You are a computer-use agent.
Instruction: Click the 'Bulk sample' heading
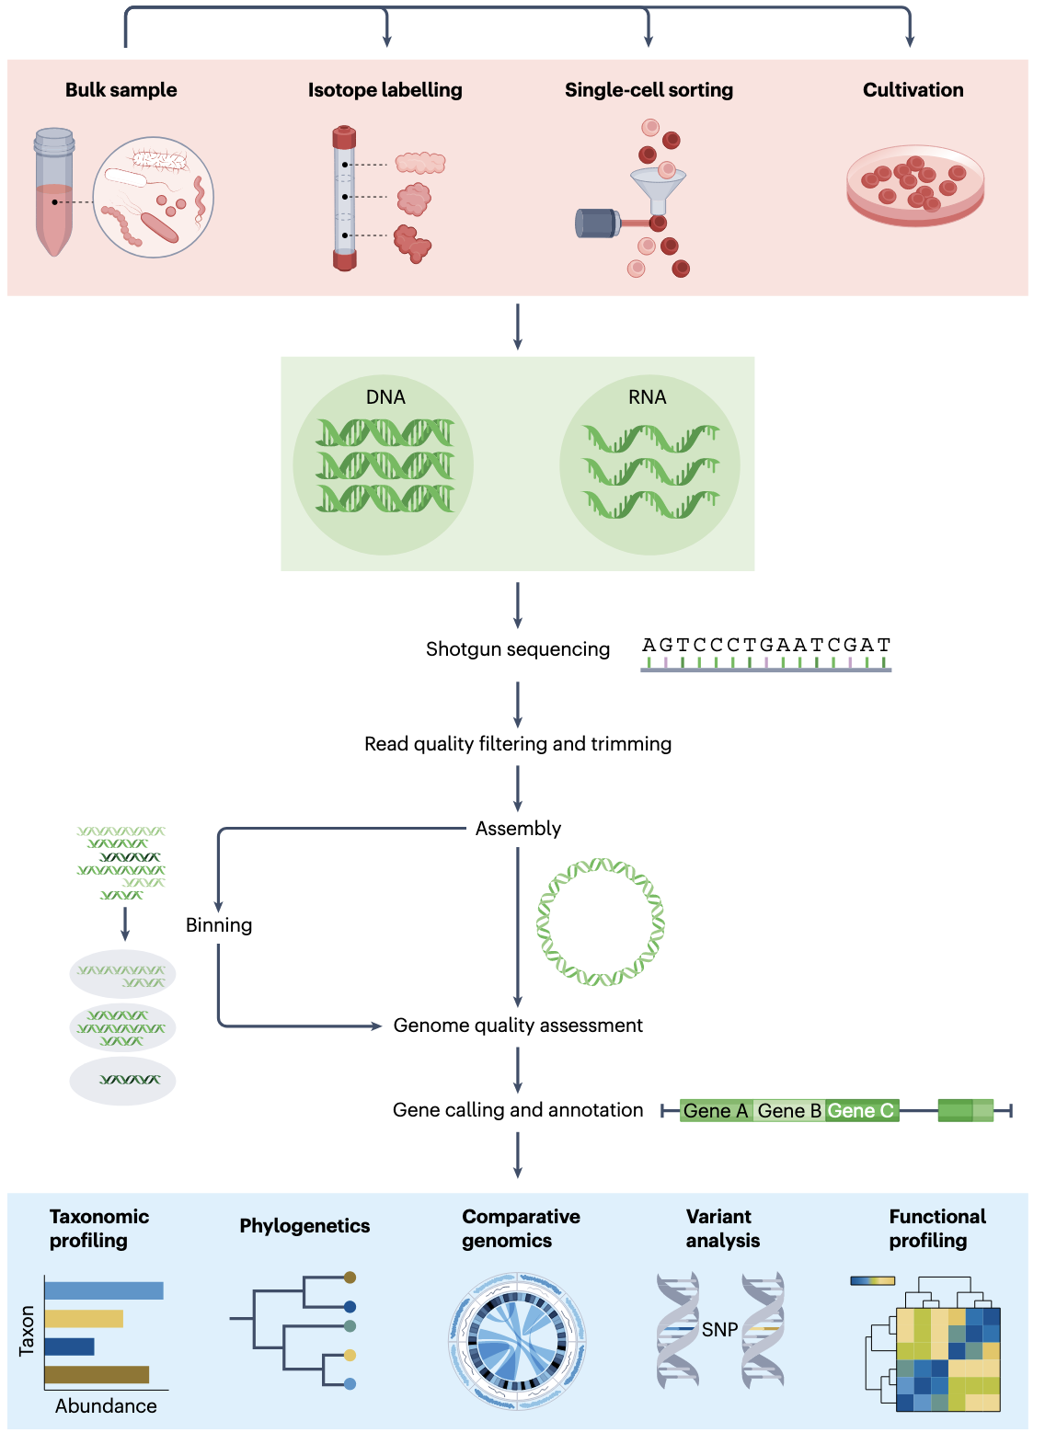tap(121, 90)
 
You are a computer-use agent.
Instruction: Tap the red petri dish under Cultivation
tap(915, 188)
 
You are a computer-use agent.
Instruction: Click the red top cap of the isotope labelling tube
tap(344, 137)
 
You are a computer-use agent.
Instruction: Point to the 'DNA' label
tap(385, 397)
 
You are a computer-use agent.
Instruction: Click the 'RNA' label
tap(647, 397)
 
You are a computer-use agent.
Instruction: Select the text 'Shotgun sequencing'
tap(517, 649)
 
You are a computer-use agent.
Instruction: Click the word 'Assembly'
tap(518, 829)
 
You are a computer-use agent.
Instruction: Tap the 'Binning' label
tap(219, 925)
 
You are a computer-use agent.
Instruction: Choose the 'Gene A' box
tap(716, 1111)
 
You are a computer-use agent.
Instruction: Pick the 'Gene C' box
tap(861, 1111)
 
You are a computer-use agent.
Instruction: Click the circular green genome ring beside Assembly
tap(600, 923)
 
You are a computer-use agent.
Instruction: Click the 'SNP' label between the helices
tap(719, 1330)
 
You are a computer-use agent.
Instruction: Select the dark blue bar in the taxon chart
tap(69, 1347)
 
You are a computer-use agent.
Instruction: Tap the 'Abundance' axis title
tap(106, 1406)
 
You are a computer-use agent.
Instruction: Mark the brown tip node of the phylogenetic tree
tap(350, 1278)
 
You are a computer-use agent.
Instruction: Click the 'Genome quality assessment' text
tap(518, 1026)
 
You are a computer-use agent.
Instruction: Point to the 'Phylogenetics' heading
tap(304, 1226)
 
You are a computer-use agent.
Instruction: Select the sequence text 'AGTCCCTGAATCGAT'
tap(765, 645)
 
